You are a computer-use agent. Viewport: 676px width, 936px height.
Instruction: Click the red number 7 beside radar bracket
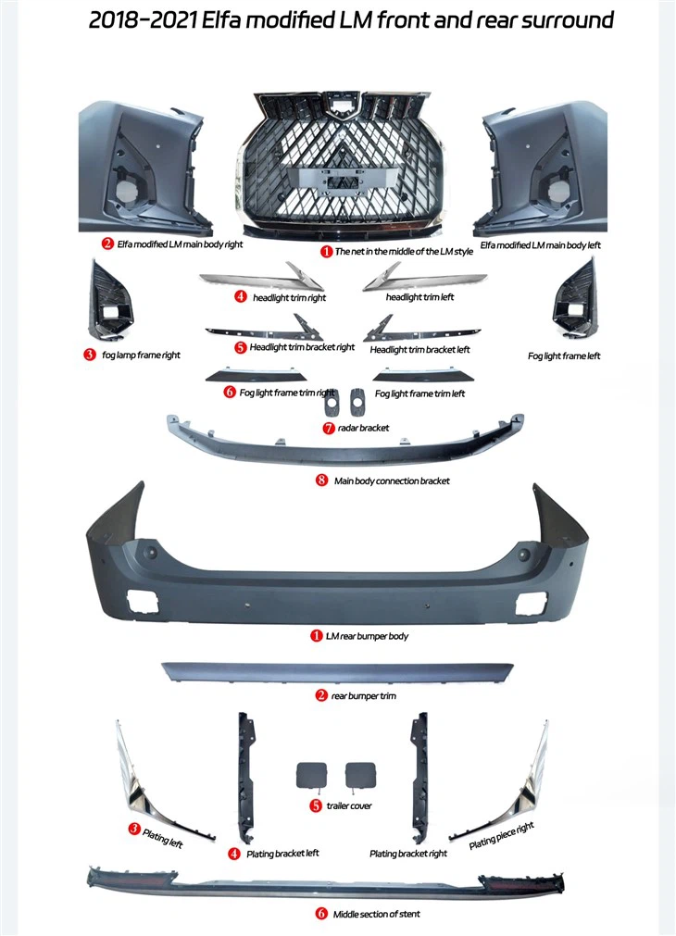coord(329,428)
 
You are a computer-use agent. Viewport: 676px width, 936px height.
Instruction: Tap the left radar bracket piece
coord(331,402)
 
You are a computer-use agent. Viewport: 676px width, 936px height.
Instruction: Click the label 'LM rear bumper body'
coord(368,636)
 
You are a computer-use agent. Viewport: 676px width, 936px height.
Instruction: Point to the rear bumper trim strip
coord(337,671)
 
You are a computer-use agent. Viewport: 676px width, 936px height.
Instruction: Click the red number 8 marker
coord(322,480)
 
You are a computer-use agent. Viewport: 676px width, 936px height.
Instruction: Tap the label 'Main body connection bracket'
coord(392,481)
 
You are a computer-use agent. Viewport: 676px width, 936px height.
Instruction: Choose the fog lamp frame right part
coord(109,302)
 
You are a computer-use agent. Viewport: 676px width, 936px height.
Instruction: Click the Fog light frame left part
coord(574,298)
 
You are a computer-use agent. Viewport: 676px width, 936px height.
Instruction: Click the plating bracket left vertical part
coord(245,776)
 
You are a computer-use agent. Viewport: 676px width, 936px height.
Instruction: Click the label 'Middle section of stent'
coord(376,914)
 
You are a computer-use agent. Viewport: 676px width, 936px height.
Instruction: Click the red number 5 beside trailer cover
coord(316,805)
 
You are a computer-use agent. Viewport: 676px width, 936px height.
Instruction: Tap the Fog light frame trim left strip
coord(423,376)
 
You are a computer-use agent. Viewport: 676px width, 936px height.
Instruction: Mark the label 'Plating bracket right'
coord(408,855)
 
